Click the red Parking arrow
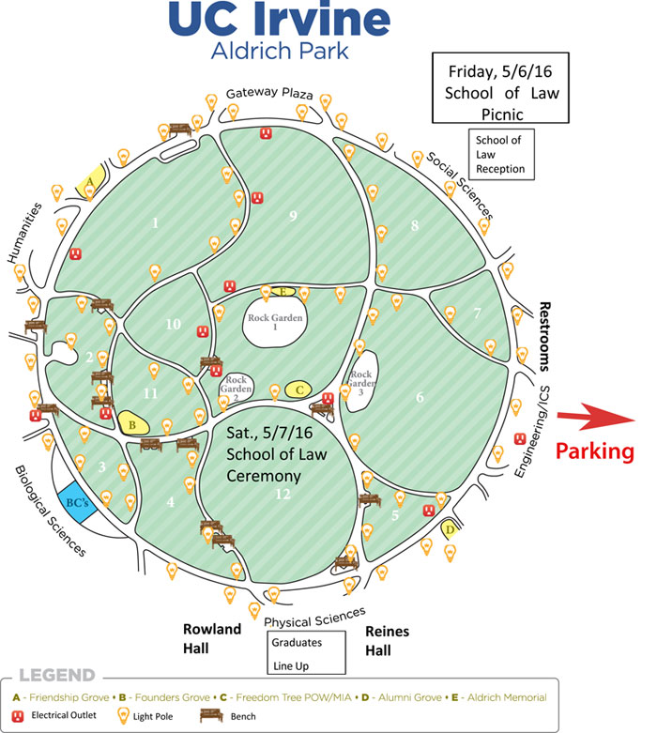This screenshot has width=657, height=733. click(596, 416)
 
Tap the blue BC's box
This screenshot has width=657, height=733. click(77, 502)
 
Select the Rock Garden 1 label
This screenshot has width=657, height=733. click(275, 321)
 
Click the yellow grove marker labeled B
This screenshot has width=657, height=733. click(132, 423)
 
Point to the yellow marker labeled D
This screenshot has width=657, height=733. click(450, 529)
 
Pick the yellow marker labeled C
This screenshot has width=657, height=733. click(299, 389)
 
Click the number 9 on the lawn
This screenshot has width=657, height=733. click(293, 216)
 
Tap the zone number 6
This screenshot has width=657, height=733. click(420, 397)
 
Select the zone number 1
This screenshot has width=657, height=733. click(155, 223)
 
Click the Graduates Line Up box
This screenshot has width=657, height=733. click(306, 652)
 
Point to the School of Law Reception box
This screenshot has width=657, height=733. click(501, 154)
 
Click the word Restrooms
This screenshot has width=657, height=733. click(544, 336)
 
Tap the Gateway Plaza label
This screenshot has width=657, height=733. click(269, 93)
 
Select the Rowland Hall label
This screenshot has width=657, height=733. click(212, 638)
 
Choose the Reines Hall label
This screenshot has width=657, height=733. click(388, 640)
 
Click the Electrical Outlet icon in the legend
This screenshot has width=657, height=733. click(18, 716)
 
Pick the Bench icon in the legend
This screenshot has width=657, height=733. click(211, 716)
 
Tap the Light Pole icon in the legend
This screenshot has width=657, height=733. click(123, 716)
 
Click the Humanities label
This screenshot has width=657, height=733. click(24, 233)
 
